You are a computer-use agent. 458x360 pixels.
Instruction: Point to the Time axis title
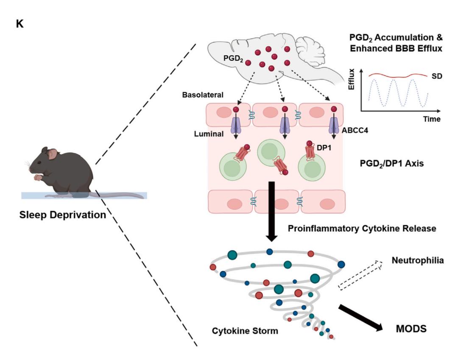tap(431, 120)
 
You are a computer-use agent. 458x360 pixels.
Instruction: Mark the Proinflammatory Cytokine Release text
tap(362, 229)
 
